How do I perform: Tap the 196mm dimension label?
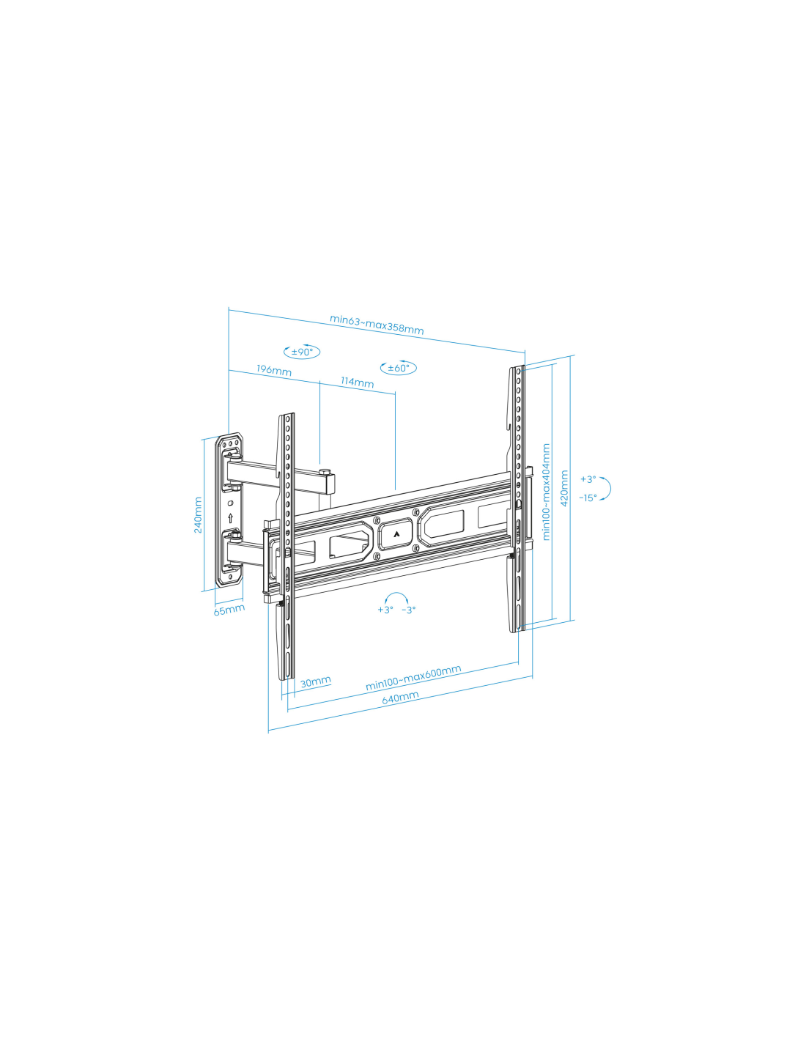pyautogui.click(x=274, y=370)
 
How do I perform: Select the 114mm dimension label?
pyautogui.click(x=358, y=383)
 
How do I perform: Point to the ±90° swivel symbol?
pyautogui.click(x=302, y=352)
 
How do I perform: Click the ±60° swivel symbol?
pyautogui.click(x=399, y=367)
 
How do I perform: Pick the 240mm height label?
pyautogui.click(x=198, y=514)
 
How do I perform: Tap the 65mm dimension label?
pyautogui.click(x=229, y=610)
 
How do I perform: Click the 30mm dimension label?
pyautogui.click(x=316, y=681)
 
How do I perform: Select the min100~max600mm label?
pyautogui.click(x=413, y=678)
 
